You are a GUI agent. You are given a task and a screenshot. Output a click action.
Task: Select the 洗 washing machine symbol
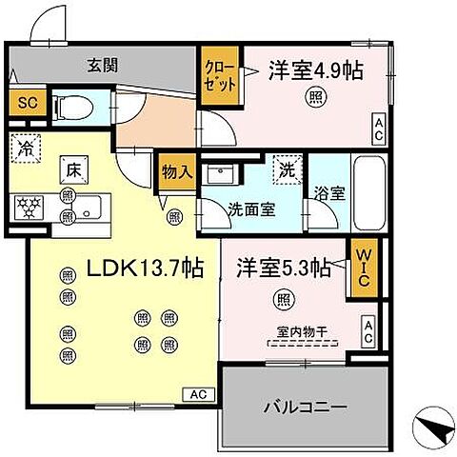(x=286, y=171)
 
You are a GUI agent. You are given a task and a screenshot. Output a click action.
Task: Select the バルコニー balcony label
(x=305, y=407)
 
